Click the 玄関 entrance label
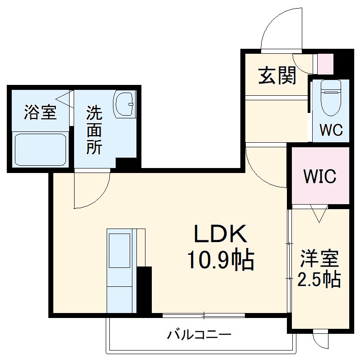[277, 75]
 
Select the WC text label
[331, 130]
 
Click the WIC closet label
[319, 176]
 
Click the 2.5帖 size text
[319, 281]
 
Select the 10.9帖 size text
[220, 260]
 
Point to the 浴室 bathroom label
[40, 112]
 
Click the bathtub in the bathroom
[41, 150]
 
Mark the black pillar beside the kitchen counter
[144, 290]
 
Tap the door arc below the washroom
[92, 190]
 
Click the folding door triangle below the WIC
[319, 214]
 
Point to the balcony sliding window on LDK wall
[203, 315]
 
